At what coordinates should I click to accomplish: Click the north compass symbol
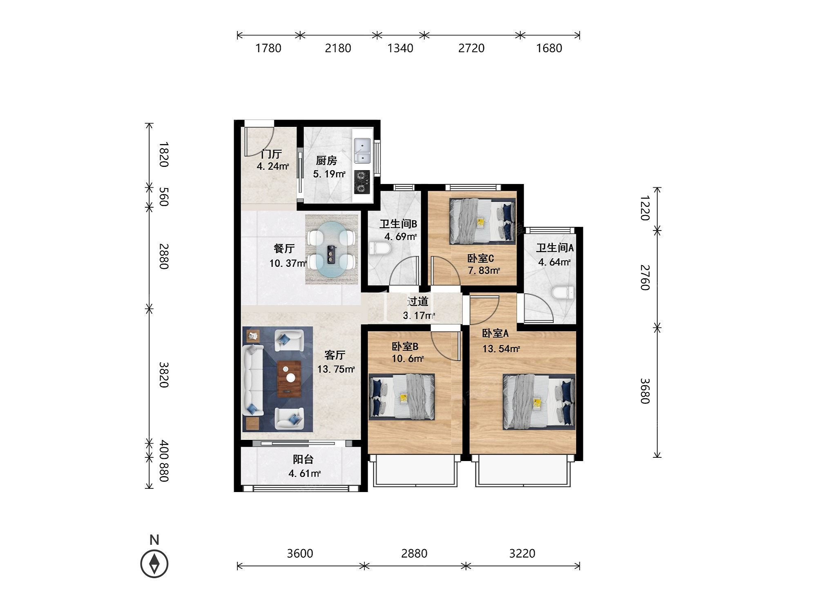(154, 563)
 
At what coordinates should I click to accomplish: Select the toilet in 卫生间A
(563, 293)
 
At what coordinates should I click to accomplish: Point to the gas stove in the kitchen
(362, 182)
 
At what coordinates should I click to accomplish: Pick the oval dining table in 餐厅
(332, 249)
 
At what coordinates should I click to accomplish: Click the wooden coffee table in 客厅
(289, 379)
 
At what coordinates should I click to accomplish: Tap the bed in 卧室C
(482, 221)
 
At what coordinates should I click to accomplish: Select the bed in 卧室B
(402, 396)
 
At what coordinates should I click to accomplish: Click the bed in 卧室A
(539, 402)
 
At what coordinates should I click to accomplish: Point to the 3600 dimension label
(300, 553)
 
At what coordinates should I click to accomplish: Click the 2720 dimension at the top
(471, 48)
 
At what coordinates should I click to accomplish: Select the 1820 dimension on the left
(163, 154)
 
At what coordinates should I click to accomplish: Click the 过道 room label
(418, 302)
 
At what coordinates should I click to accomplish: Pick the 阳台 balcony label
(303, 459)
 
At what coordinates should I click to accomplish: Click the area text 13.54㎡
(501, 349)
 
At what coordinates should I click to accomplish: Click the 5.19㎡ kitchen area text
(329, 174)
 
